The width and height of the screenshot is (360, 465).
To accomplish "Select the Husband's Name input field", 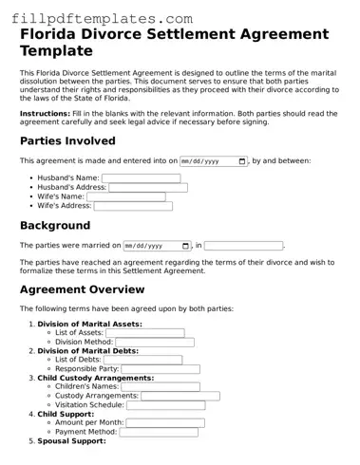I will pos(141,177).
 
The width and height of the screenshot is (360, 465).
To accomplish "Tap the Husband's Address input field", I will pos(147,188).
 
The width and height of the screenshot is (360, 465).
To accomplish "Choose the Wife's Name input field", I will pos(132,197).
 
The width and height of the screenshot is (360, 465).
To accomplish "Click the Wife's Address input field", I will pos(139,206).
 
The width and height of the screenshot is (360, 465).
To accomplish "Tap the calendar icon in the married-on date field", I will pos(185,246).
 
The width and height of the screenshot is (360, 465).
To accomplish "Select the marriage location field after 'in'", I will pos(243,246).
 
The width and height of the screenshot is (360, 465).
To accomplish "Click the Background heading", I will pos(55,226).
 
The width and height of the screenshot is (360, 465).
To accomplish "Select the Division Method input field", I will pos(154,343).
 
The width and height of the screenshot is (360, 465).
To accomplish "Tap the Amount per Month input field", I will pos(164,422).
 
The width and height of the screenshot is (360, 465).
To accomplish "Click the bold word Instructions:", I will pos(45,113).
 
